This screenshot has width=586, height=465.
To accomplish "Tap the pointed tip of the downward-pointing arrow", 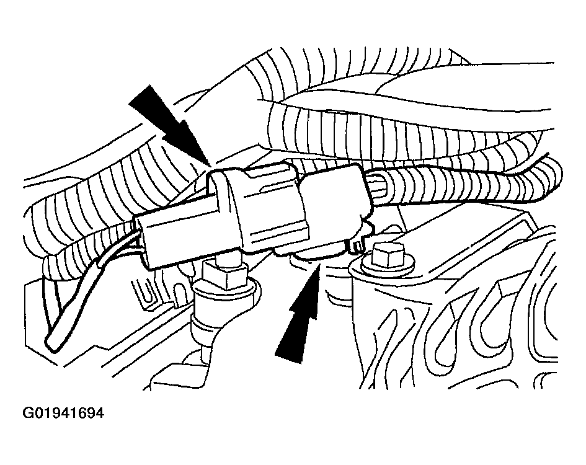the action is [210, 165].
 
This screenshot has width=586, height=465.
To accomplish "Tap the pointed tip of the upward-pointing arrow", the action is [318, 264].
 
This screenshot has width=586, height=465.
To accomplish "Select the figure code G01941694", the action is [63, 413].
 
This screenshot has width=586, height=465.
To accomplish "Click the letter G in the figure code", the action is [28, 413].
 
